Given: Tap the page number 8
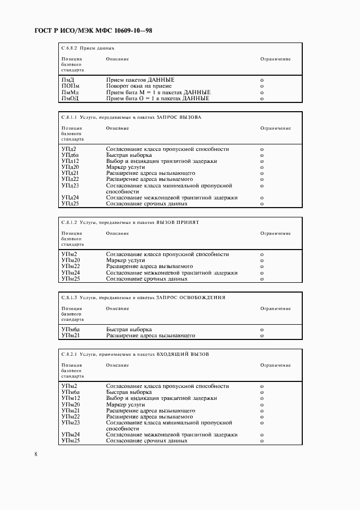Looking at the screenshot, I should [35, 454].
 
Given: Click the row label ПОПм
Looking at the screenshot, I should [70, 86].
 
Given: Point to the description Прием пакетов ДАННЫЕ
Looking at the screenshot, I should [140, 80].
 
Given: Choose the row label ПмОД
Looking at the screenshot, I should [70, 99].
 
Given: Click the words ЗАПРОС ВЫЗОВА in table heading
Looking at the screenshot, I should [179, 117].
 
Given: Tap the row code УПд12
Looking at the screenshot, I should [70, 161].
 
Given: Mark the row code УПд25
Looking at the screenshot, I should [70, 204].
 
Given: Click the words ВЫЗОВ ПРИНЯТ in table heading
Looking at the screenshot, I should [178, 222].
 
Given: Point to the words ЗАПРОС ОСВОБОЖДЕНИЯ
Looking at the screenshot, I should [191, 297].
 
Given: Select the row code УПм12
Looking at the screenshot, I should [70, 398].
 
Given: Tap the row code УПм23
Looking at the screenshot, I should [70, 422].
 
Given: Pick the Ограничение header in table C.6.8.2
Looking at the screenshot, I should [275, 59].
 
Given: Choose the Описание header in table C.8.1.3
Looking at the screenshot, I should [117, 308].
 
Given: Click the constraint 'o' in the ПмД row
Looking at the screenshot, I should [262, 80].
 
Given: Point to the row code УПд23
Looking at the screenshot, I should [70, 186].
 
